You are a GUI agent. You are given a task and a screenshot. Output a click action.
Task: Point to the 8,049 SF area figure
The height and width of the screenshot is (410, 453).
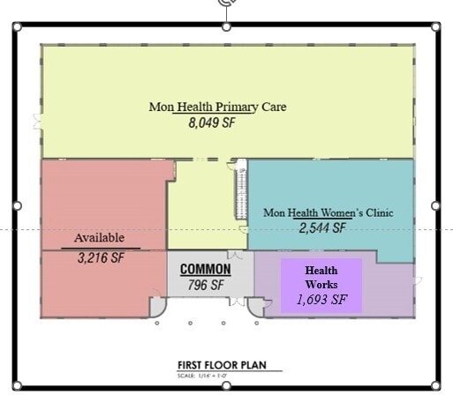click(x=211, y=124)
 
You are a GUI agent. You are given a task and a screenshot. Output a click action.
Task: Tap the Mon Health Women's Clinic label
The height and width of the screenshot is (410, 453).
click(x=328, y=212)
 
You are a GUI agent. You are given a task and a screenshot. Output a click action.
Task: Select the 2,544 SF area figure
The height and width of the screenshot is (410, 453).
click(x=321, y=228)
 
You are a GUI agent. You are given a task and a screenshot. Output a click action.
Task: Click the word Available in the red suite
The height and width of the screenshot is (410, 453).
click(x=99, y=238)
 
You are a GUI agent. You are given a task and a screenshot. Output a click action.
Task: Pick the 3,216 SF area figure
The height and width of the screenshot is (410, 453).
click(x=99, y=258)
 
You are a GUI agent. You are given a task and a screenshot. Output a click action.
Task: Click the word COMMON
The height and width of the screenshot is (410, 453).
click(x=206, y=269)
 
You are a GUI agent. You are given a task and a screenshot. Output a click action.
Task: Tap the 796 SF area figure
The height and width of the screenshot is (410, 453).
click(x=206, y=286)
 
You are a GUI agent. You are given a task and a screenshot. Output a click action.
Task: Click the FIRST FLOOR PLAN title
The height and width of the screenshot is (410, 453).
click(x=222, y=365)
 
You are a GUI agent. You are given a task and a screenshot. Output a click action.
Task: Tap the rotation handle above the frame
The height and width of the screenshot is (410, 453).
click(x=227, y=4)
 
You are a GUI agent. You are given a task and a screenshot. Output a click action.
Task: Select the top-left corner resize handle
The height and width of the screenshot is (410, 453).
click(x=17, y=26)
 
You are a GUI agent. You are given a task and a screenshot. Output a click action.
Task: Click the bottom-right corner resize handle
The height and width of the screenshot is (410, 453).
click(x=435, y=384)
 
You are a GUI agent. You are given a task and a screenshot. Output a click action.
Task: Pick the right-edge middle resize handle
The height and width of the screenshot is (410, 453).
click(x=435, y=205)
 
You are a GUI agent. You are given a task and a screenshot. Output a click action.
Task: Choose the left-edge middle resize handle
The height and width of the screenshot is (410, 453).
click(x=17, y=205)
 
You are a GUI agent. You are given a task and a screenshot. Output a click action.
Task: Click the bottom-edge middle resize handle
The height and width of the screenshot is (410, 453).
click(x=226, y=385)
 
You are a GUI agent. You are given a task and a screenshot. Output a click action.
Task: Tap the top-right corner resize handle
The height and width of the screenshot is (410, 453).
click(x=435, y=26)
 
